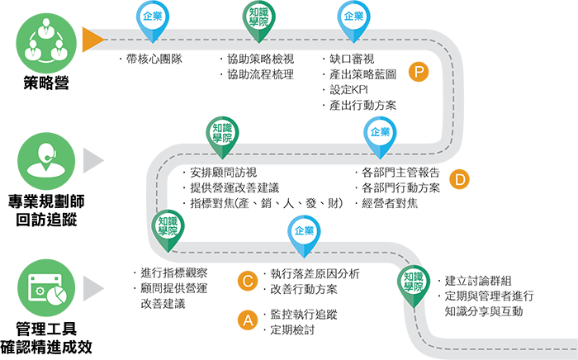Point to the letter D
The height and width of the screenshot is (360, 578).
(461, 181)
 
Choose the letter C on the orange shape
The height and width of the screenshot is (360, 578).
(247, 282)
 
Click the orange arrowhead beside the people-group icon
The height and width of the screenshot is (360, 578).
(92, 39)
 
